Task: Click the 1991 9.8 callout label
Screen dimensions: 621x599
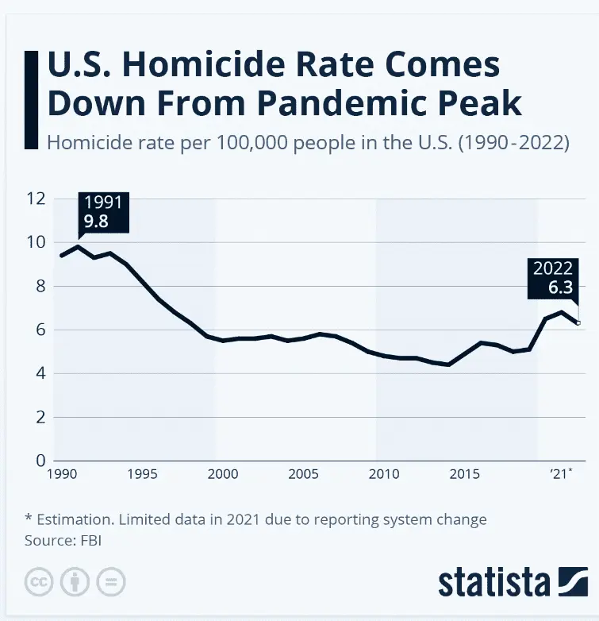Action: coord(102,212)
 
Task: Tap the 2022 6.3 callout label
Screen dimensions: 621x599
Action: coord(552,278)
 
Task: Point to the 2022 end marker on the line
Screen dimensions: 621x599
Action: coord(578,322)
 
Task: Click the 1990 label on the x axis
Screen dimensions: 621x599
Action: coord(61,474)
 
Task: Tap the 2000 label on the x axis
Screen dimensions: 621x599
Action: coord(222,474)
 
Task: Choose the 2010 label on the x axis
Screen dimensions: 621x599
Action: coord(383,474)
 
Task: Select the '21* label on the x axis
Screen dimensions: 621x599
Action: coord(562,474)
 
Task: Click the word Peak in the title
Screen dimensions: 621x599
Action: coord(485,103)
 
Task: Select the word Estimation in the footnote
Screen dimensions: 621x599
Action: coord(78,520)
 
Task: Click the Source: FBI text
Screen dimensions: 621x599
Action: coord(64,541)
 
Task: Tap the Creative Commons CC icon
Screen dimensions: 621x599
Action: coord(38,582)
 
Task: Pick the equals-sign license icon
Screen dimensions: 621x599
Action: coord(113,582)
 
